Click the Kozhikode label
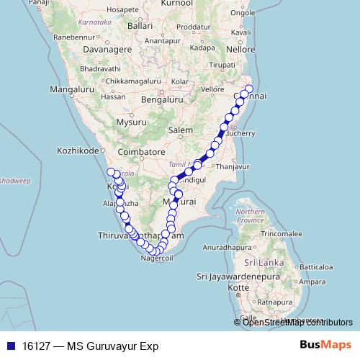coord(78,151)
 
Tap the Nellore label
coord(240,50)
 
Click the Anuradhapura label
coord(232,247)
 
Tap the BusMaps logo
coord(325,345)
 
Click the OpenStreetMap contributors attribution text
coord(297,322)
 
